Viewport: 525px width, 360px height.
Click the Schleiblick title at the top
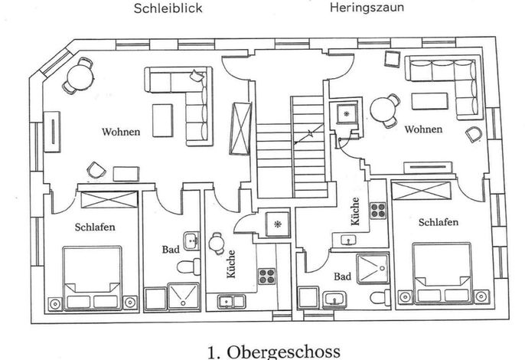click(168, 8)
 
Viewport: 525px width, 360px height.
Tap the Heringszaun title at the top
click(367, 8)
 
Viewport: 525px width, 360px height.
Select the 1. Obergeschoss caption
click(274, 352)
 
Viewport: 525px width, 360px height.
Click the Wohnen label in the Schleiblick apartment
click(121, 132)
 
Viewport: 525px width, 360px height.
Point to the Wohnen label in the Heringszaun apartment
click(423, 129)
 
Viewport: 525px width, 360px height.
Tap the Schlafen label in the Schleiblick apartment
click(95, 227)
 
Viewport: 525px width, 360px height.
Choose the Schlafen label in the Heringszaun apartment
click(439, 222)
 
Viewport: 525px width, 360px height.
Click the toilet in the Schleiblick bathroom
click(188, 267)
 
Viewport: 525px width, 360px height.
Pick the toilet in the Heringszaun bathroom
click(380, 297)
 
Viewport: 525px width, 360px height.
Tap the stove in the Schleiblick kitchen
click(267, 277)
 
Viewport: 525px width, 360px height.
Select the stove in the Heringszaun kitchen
click(378, 211)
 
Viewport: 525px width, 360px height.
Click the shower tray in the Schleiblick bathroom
click(183, 296)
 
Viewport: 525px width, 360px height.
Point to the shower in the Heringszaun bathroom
click(373, 269)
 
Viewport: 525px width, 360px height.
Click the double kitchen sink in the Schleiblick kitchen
click(231, 301)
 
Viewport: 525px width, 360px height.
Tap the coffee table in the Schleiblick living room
click(163, 120)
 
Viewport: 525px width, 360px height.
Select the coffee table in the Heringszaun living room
click(429, 101)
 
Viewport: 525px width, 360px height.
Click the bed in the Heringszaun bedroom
click(442, 273)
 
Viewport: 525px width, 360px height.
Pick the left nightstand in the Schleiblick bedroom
click(54, 303)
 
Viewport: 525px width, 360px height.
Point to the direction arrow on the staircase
click(308, 134)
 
